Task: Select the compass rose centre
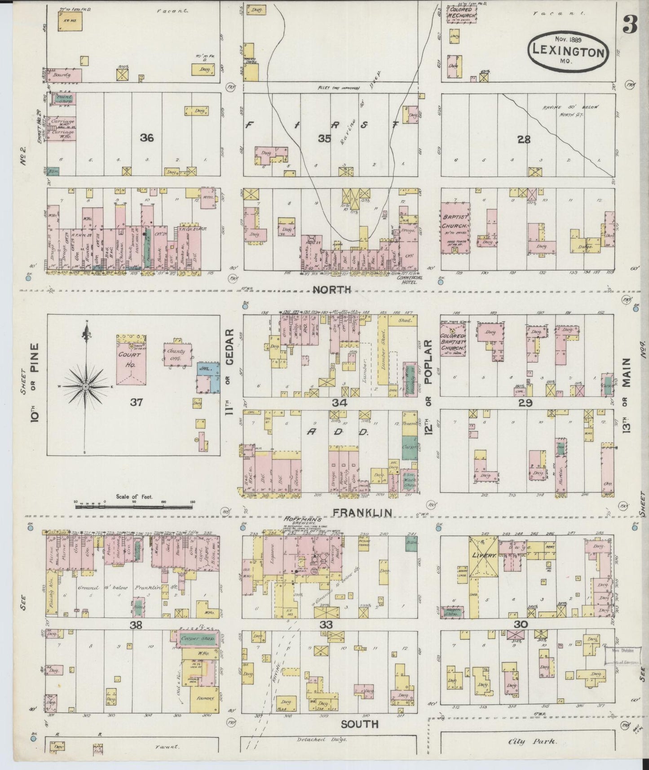85,386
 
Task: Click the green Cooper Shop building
197,638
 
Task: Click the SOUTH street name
359,724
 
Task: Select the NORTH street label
331,290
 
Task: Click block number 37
136,402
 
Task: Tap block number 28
524,140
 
